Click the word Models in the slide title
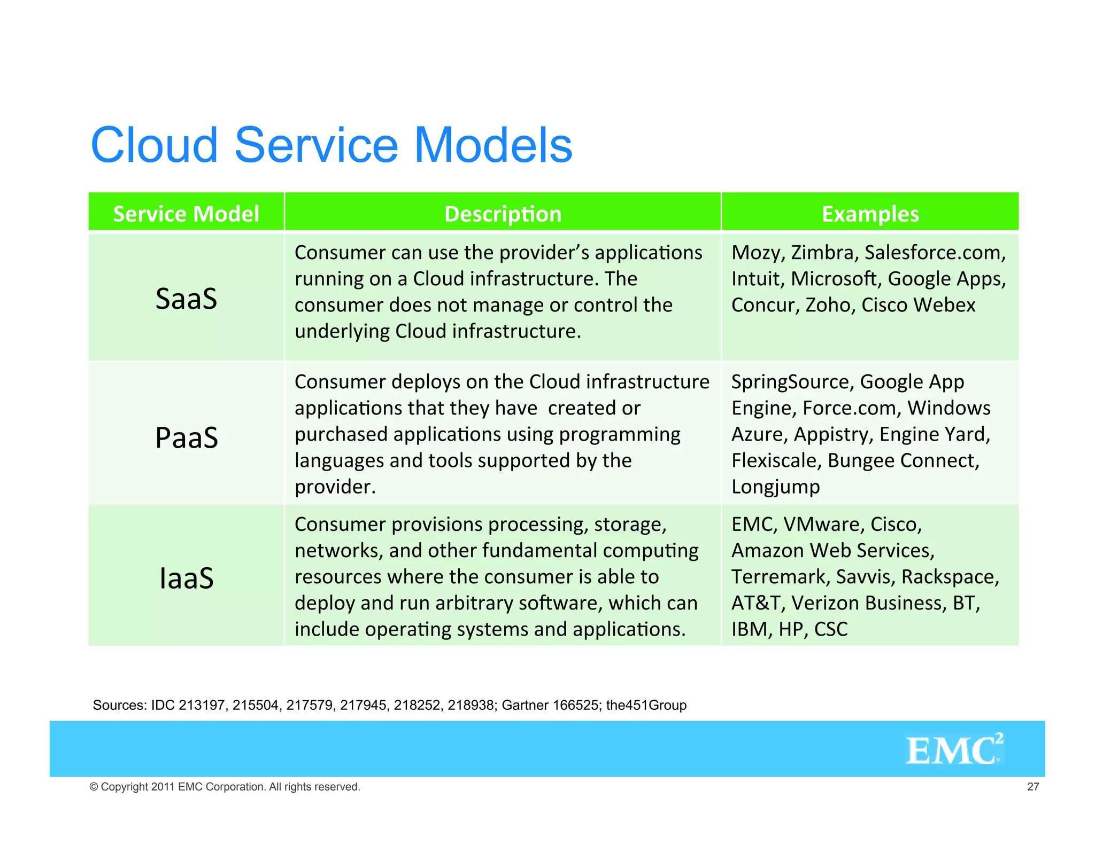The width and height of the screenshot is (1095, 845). [492, 145]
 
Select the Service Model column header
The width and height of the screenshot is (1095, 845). [186, 214]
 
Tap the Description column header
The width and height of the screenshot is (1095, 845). [503, 214]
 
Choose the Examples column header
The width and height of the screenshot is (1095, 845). [870, 214]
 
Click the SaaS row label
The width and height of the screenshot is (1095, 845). [186, 298]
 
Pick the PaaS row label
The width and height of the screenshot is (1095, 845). [186, 437]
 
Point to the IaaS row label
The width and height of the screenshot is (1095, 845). [186, 578]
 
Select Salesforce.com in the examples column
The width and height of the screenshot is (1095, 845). [935, 253]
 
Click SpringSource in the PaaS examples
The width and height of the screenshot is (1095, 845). [792, 382]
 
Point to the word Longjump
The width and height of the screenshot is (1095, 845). [775, 487]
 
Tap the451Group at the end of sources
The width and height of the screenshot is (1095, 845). [646, 705]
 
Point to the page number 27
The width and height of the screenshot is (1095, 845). [1033, 786]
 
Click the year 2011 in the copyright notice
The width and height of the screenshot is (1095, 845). [163, 787]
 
